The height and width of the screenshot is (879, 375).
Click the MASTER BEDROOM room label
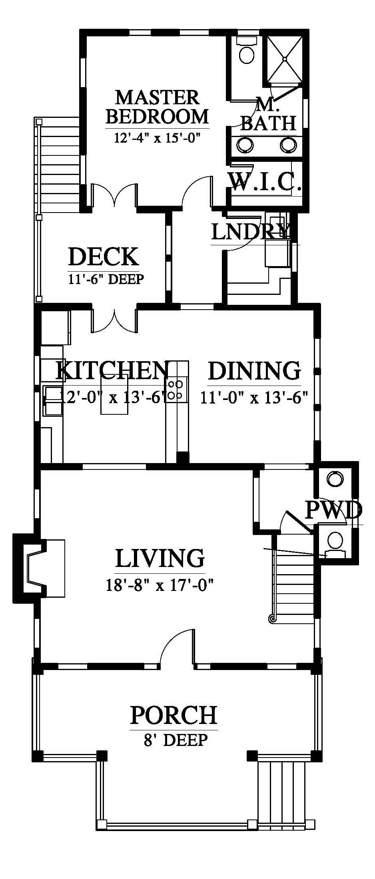(158, 107)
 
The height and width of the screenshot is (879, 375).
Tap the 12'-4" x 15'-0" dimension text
(157, 138)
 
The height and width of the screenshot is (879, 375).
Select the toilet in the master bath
(246, 50)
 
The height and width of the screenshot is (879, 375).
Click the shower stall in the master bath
(284, 59)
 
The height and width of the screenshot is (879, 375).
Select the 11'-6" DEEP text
(106, 278)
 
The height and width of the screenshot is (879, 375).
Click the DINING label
(254, 370)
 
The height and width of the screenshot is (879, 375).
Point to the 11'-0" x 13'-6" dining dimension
(254, 398)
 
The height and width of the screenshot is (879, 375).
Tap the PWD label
(333, 510)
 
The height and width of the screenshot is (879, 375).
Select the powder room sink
(335, 478)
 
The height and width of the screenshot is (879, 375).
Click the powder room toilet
(335, 544)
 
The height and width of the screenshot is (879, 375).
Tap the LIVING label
(160, 558)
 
